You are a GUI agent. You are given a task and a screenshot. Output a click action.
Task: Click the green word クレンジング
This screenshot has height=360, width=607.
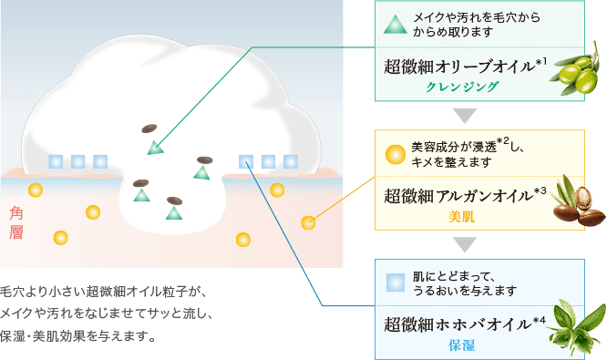click(463, 87)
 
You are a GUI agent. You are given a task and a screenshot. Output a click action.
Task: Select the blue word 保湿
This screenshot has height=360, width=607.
click(462, 345)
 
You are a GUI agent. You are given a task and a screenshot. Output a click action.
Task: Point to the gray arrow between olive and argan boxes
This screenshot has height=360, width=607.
click(466, 115)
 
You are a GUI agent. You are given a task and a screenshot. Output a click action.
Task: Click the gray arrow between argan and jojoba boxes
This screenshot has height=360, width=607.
click(466, 244)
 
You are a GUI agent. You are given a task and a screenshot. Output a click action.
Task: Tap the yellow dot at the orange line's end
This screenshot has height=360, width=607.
click(309, 222)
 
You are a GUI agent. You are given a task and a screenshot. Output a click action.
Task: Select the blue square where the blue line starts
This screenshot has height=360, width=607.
click(246, 161)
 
